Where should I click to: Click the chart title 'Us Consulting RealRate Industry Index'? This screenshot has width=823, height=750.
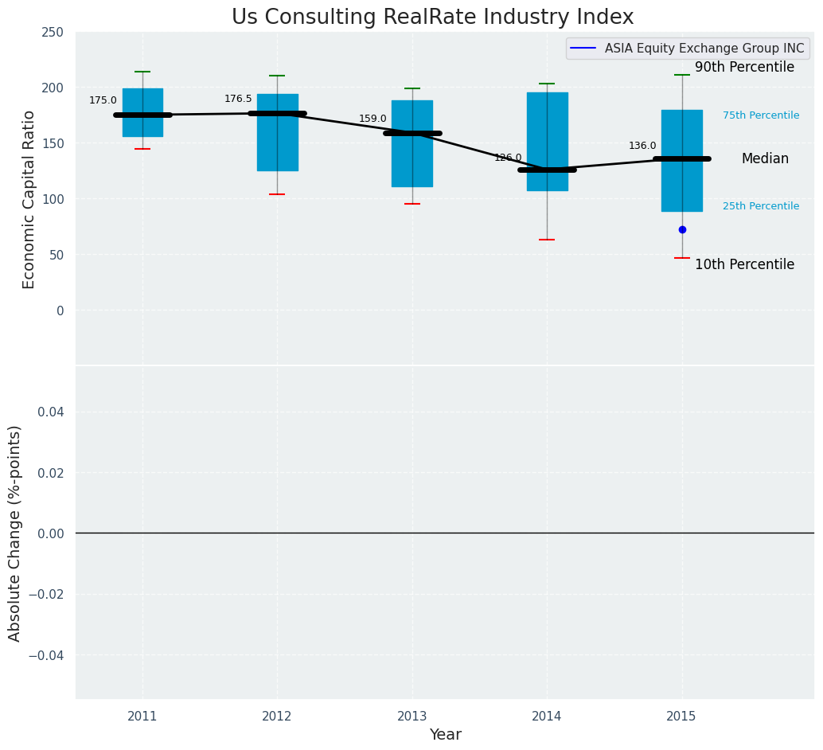(x=432, y=18)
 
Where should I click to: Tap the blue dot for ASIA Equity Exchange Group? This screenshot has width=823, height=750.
(x=682, y=229)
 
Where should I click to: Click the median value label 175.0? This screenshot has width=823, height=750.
(x=103, y=100)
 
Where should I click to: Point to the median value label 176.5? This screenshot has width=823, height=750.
(x=238, y=99)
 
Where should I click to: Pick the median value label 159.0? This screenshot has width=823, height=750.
(x=372, y=119)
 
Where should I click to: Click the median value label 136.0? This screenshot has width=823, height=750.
(x=642, y=146)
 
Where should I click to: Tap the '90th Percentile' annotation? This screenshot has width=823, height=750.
(x=744, y=68)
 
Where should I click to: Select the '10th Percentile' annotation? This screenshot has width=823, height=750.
(x=744, y=264)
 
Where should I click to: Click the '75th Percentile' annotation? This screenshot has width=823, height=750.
(x=761, y=115)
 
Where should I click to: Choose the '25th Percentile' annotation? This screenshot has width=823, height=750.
(x=761, y=206)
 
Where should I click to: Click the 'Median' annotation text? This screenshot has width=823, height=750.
(x=765, y=159)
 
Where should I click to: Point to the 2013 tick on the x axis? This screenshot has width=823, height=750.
(x=412, y=717)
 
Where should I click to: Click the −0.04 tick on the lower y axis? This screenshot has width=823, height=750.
(x=47, y=655)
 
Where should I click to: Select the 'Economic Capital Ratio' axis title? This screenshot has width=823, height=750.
(x=29, y=199)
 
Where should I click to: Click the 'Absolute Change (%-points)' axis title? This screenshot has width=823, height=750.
(x=15, y=533)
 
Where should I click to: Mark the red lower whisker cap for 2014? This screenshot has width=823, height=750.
(x=547, y=240)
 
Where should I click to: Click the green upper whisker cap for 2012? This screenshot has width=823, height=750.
(x=277, y=76)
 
